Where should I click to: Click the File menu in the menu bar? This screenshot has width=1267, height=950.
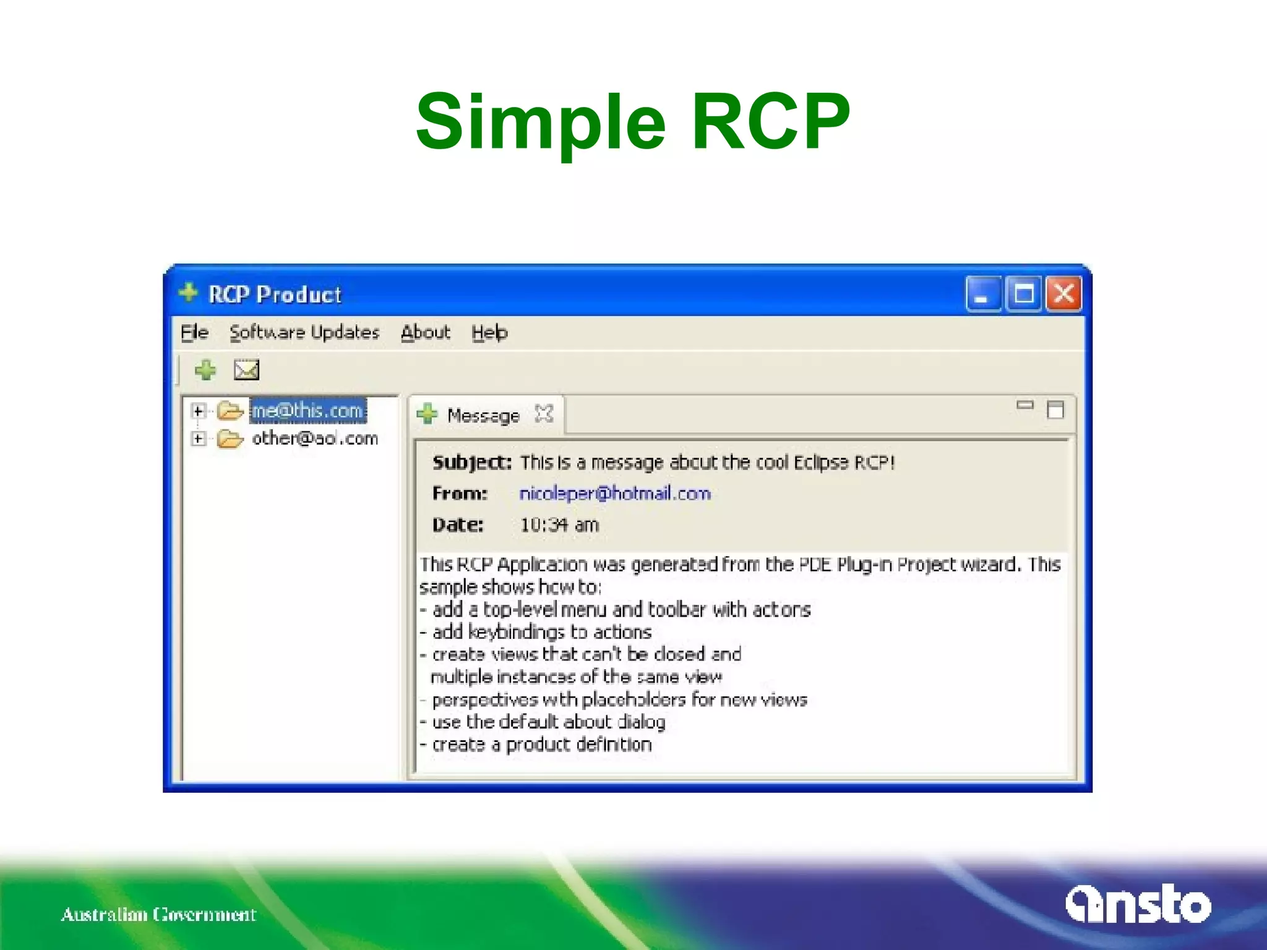tap(194, 333)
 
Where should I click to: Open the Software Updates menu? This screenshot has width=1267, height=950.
tap(304, 333)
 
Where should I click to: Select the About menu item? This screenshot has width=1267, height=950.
tap(425, 333)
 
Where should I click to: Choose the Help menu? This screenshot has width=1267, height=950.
tap(489, 333)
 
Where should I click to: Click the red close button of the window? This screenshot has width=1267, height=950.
tap(1063, 294)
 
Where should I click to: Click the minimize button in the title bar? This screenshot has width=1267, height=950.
tap(983, 294)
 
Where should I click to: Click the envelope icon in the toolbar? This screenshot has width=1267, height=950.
tap(246, 370)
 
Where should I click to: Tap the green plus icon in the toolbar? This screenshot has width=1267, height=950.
tap(205, 370)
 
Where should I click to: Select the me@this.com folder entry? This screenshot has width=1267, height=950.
tap(307, 411)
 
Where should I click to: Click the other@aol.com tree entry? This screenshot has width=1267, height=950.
tap(314, 439)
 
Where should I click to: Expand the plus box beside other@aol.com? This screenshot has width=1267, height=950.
tap(198, 439)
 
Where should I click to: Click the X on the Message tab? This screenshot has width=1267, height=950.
tap(544, 414)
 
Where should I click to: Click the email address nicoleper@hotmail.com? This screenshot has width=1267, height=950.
tap(615, 494)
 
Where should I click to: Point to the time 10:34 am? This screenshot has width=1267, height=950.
tap(559, 525)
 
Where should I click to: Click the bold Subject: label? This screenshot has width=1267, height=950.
tap(471, 463)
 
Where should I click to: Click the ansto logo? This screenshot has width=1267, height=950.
tap(1138, 905)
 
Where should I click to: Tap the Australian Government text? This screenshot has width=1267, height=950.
tap(158, 914)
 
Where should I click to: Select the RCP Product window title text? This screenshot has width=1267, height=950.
tap(275, 294)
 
